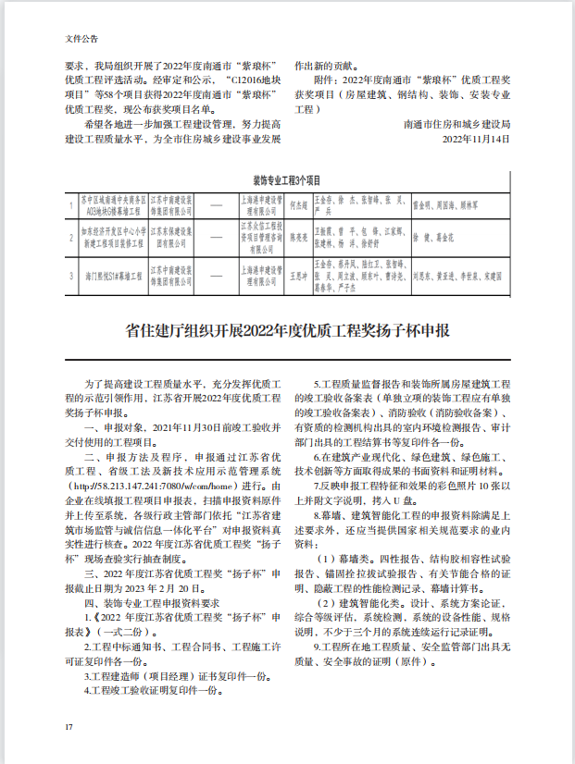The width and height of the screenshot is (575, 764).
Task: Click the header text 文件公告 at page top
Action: click(81, 39)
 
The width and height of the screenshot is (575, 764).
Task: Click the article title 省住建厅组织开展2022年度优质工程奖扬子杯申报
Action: click(287, 330)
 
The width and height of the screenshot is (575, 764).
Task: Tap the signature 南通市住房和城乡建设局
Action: click(456, 123)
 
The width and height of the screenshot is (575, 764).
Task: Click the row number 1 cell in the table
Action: click(71, 203)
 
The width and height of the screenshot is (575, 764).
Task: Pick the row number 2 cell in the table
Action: click(71, 238)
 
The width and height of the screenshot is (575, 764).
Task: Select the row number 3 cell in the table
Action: click(71, 275)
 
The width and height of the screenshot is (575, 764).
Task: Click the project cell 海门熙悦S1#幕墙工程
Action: click(113, 275)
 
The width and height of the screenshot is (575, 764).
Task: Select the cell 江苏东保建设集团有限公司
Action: click(173, 238)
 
